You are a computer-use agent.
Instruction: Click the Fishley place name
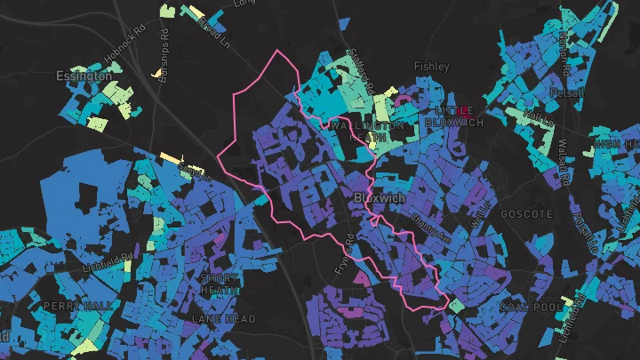pos(432,67)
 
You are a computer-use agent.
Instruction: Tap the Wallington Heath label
pos(366,132)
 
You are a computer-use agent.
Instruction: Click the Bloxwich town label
pos(380,197)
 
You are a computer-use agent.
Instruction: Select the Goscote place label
pos(527,214)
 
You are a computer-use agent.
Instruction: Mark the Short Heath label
pos(218,284)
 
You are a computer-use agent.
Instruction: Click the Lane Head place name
pos(224,318)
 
